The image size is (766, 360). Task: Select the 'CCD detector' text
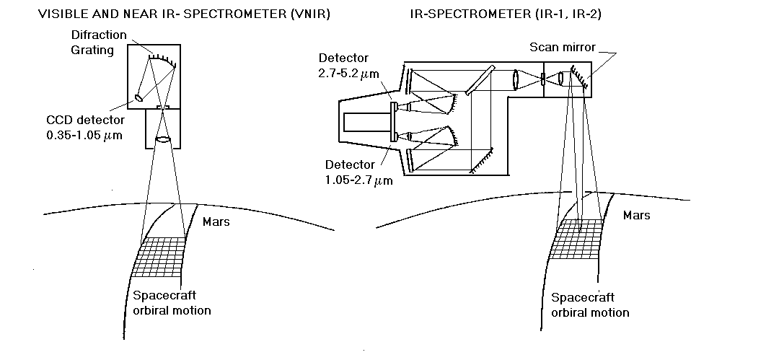pyautogui.click(x=83, y=120)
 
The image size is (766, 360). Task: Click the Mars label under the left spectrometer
pyautogui.click(x=216, y=221)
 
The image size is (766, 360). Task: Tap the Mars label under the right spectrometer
pyautogui.click(x=636, y=215)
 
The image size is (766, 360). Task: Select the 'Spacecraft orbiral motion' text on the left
pyautogui.click(x=172, y=303)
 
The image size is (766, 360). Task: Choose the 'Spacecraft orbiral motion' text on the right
pyautogui.click(x=590, y=305)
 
